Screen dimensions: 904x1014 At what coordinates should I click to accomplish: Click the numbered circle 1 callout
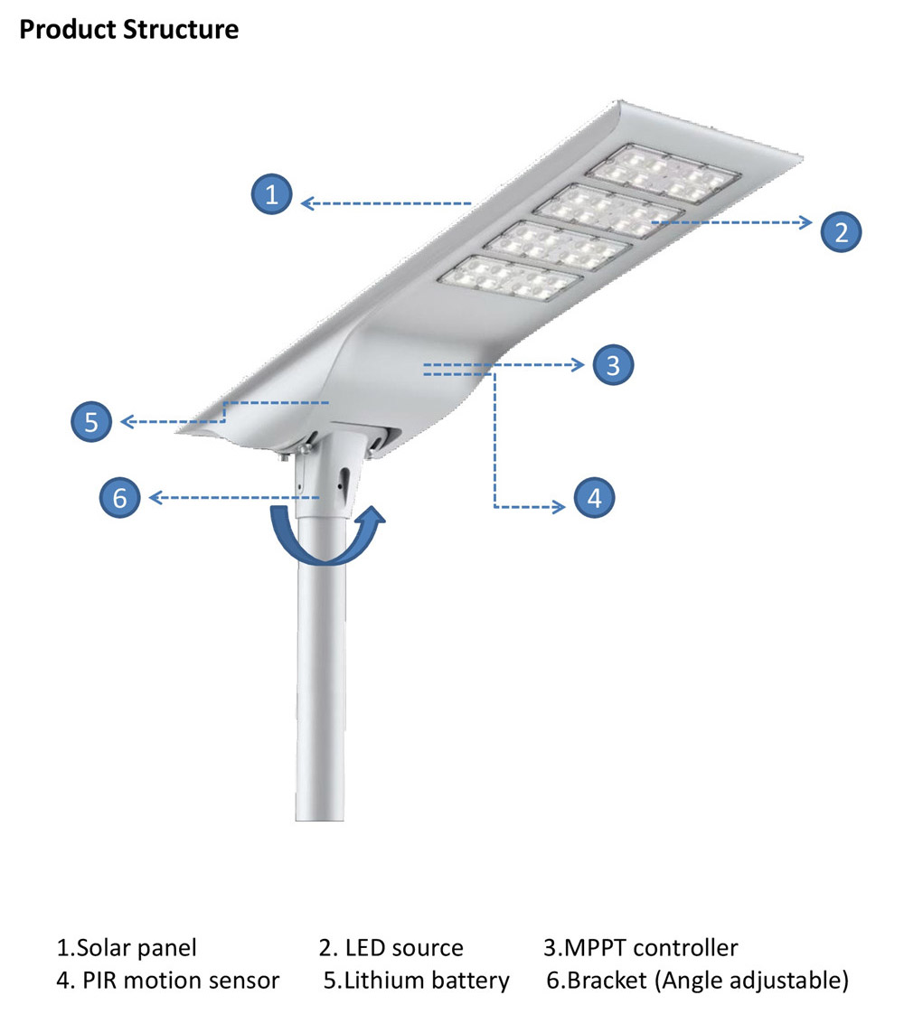coord(271,193)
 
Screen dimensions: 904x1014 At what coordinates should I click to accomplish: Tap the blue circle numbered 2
coord(842,231)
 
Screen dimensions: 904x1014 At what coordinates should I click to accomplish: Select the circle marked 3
coord(613,365)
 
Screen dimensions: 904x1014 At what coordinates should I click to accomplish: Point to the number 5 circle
coord(91,422)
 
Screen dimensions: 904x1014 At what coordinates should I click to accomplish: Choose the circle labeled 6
coord(119,497)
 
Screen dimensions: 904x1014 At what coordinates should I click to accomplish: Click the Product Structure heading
coord(129,29)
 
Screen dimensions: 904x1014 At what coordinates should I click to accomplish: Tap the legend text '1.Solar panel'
coord(127,947)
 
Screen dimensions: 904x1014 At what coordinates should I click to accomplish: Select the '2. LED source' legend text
coord(391,947)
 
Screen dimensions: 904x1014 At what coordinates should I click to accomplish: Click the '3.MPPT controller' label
coord(640,947)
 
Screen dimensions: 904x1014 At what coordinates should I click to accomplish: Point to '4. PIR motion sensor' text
coord(168,981)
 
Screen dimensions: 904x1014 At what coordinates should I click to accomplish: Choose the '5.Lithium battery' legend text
coord(417,981)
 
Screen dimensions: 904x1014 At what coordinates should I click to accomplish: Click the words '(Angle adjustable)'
coord(751,981)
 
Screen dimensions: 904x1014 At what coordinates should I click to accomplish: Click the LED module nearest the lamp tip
coord(663,174)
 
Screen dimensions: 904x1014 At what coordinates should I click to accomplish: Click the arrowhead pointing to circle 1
coord(307,203)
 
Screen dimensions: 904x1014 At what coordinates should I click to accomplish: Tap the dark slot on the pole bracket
coord(344,479)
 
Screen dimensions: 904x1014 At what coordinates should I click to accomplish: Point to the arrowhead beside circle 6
coord(155,497)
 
